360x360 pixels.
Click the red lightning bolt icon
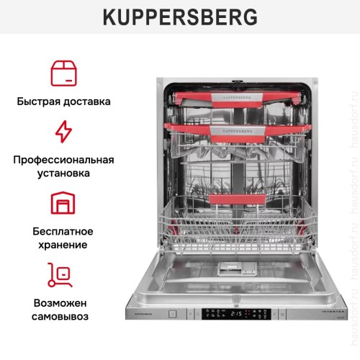[63, 132]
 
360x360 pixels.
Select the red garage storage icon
[63, 203]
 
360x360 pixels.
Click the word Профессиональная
[63, 159]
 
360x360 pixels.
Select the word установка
[63, 174]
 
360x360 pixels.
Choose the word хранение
[63, 245]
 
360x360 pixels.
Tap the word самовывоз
[63, 317]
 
